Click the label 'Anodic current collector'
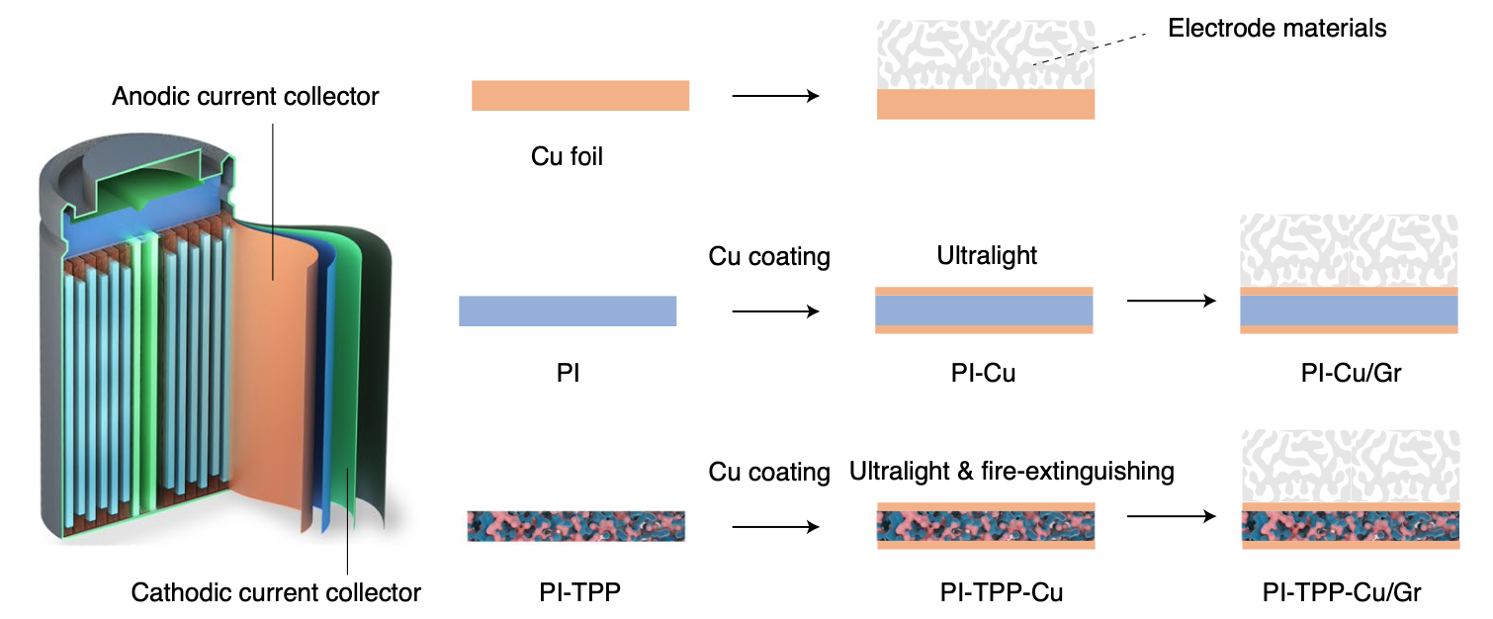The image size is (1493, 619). coord(245,97)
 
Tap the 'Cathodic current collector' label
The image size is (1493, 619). coord(276,592)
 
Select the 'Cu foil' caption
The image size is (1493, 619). coord(567,155)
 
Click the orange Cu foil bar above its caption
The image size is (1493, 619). coord(579,96)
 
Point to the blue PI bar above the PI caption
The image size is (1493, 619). coord(568,310)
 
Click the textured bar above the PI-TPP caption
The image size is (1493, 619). coord(575,526)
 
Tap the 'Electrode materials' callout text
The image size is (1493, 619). coord(1276,28)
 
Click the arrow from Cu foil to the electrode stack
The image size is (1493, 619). coord(775,96)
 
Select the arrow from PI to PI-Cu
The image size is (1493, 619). coord(775,311)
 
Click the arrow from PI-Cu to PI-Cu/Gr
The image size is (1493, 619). coord(1171,301)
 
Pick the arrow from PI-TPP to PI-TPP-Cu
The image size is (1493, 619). coord(775,526)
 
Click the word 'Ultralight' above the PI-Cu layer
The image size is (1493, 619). coord(986,256)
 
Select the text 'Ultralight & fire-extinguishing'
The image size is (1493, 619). coord(1011,472)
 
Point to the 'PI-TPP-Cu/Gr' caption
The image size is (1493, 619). coord(1342,592)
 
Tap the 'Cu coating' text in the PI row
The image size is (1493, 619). coord(768,256)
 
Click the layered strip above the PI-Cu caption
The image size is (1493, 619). coord(984,310)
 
